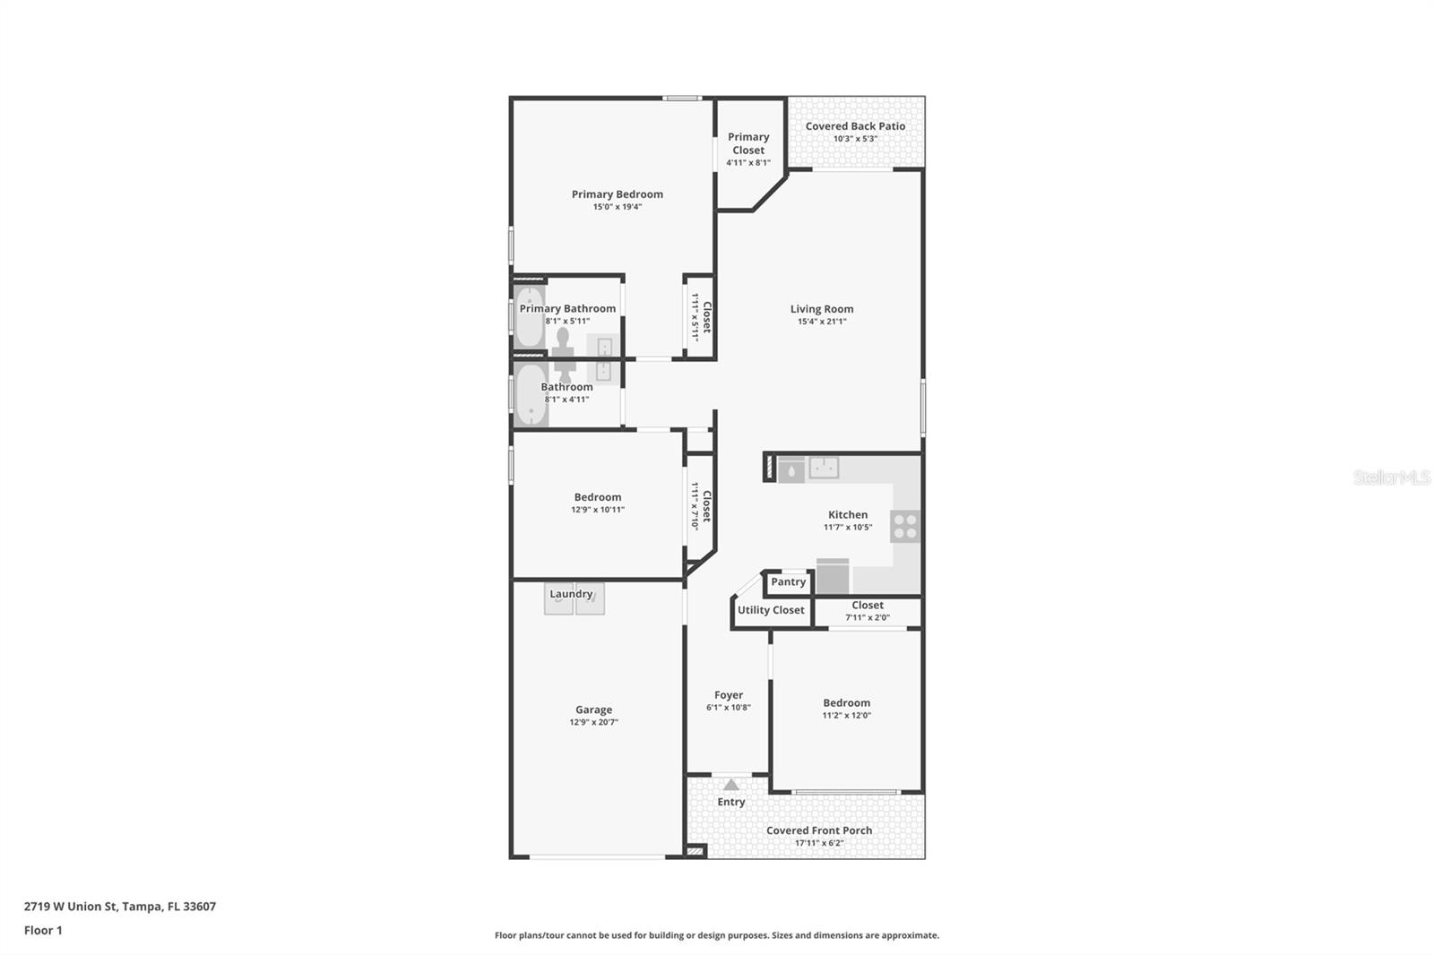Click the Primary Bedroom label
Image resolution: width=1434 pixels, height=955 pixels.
pos(618,194)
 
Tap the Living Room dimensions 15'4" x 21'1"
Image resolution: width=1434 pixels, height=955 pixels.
pos(822,322)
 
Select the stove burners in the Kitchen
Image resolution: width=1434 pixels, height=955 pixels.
pos(905,526)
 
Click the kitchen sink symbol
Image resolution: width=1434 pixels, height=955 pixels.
pos(824,468)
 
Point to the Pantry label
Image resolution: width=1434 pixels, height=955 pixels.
pos(789,582)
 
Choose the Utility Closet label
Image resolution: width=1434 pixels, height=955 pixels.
pos(771,610)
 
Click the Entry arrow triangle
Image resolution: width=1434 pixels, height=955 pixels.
pos(731,785)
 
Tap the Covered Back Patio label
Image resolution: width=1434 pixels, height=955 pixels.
pos(855,126)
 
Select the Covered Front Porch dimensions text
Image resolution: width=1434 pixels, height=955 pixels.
pos(819,843)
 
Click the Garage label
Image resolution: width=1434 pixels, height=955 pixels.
pos(594,710)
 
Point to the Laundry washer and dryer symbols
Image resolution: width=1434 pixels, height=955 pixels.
pos(574,598)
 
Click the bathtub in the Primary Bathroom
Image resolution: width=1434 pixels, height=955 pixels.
pos(529,317)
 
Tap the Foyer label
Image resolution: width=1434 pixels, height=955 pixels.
pos(729,695)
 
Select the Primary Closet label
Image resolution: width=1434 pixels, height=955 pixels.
pos(748,143)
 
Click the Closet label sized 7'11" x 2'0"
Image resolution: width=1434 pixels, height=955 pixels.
pos(868,606)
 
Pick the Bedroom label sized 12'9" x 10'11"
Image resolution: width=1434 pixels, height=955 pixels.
pos(598,497)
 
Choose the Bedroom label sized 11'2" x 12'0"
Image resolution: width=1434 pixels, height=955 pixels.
pos(847,703)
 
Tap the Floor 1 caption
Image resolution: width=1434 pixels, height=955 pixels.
pos(43,931)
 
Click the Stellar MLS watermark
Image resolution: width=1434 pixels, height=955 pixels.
pos(1391,477)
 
